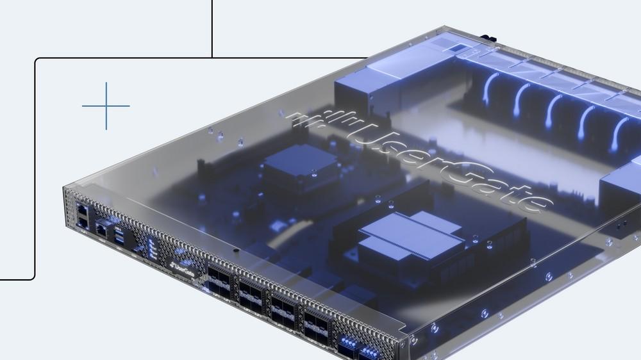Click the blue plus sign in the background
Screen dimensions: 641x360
(x=106, y=106)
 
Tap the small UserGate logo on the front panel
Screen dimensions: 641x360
(x=183, y=269)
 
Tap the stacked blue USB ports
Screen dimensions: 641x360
(x=119, y=236)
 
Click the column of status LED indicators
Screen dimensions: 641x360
(x=152, y=249)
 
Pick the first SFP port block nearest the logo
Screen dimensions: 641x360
(x=219, y=282)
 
